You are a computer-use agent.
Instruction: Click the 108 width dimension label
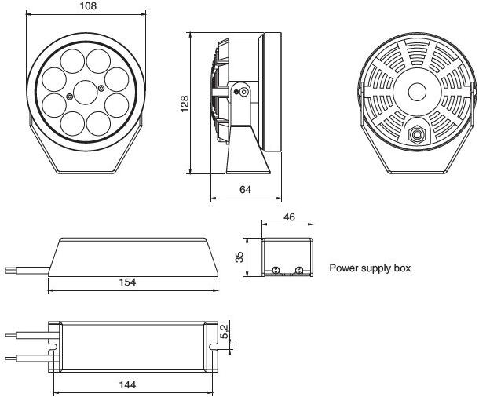pos(88,5)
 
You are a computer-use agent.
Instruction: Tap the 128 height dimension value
pos(185,104)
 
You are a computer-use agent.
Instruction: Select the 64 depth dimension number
pos(245,190)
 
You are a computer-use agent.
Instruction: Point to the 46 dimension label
pos(289,217)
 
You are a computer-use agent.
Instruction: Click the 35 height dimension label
pos(239,257)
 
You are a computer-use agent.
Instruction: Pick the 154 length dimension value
pos(127,282)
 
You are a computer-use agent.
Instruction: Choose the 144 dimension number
pos(127,384)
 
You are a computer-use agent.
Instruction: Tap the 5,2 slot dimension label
pos(224,331)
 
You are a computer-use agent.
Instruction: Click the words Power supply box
pos(370,268)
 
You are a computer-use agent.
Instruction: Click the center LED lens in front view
pos(86,93)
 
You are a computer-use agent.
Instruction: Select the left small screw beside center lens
pos(70,97)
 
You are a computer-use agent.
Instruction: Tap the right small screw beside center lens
pos(101,88)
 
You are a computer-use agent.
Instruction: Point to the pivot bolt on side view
pos(243,92)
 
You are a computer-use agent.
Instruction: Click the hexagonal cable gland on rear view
pos(415,134)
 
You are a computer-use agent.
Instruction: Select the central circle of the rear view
pos(417,92)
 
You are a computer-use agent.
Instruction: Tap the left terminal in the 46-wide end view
pos(276,270)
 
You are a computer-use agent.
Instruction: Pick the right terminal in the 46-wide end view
pos(298,270)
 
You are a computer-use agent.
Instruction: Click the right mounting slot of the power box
pos(214,347)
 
